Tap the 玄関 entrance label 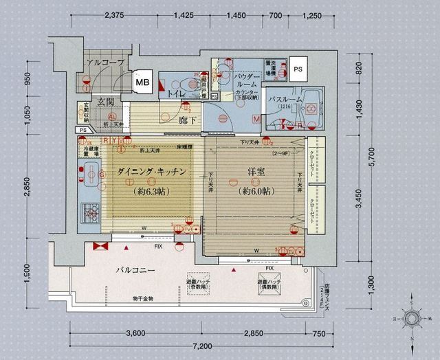click(x=105, y=102)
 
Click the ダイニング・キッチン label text click(x=152, y=173)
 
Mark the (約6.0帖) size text click(x=256, y=192)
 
